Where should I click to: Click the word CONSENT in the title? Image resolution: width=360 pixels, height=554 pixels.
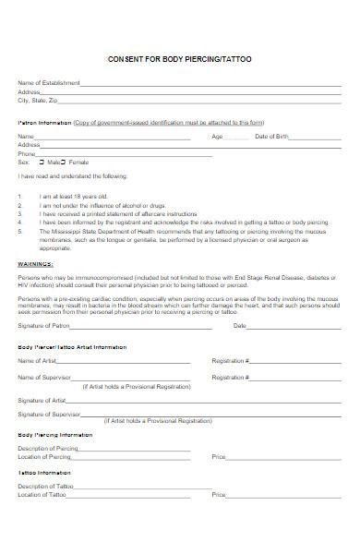point(125,58)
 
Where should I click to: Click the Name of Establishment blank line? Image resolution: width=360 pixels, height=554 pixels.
point(212,84)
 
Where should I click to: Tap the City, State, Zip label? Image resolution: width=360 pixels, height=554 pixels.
point(38,100)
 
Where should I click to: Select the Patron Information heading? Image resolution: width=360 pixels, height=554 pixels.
point(45,122)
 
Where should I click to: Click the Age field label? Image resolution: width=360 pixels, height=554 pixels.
point(218,137)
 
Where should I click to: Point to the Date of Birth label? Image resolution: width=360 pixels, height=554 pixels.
point(272,137)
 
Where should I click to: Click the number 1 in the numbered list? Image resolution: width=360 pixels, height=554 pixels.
point(20,197)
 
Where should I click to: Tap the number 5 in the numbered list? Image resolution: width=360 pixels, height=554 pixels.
point(20,232)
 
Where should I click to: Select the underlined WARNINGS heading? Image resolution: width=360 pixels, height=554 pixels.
point(36,263)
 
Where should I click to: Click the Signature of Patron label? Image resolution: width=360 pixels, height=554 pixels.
point(45,326)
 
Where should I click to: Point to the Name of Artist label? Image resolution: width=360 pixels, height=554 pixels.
point(39,360)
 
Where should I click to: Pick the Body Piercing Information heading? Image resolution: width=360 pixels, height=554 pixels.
point(55,434)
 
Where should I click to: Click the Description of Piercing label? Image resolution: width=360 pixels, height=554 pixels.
point(49,448)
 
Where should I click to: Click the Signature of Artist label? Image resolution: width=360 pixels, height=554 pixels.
point(42,400)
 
